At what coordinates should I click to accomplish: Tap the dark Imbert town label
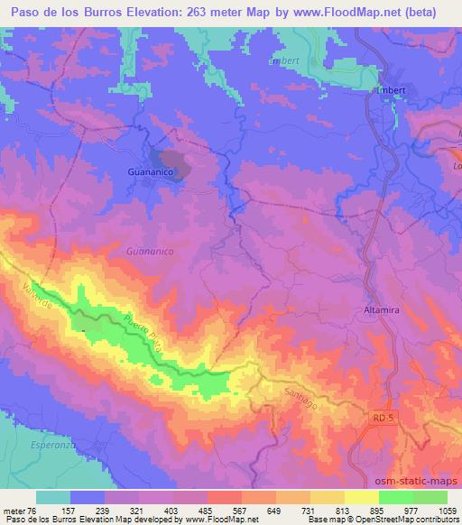392,90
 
